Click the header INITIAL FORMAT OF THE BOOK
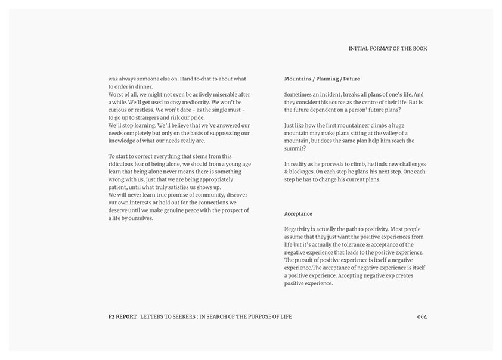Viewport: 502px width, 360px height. (x=388, y=49)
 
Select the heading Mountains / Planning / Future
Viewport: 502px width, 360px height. (x=322, y=79)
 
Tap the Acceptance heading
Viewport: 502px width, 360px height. (x=298, y=214)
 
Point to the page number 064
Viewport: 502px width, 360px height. (x=422, y=316)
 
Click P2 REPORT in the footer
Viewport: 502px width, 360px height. (x=118, y=316)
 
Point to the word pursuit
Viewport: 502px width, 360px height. (x=308, y=260)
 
